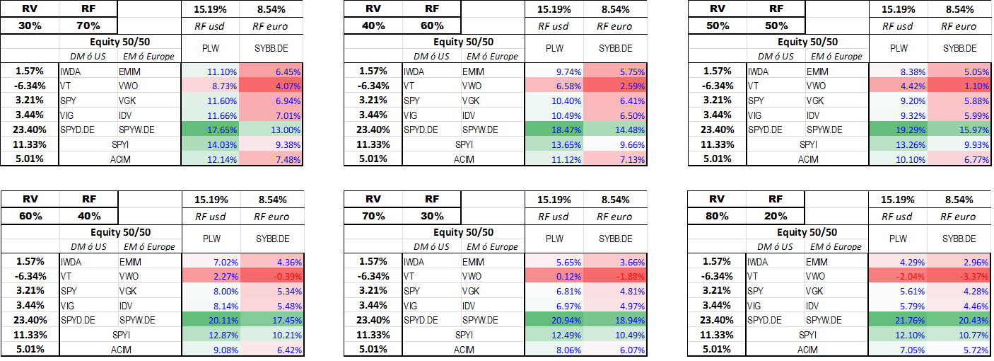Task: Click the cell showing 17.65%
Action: pos(211,130)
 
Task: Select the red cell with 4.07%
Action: pos(271,86)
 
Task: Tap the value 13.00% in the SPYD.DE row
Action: pos(271,130)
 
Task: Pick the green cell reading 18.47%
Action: pos(554,130)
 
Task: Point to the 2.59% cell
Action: pos(615,86)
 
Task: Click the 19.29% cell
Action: pos(898,130)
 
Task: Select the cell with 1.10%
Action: pos(959,86)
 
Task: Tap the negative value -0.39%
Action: pos(272,276)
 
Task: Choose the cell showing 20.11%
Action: pos(211,320)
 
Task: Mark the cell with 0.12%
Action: pos(554,276)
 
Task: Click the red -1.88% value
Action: pos(615,276)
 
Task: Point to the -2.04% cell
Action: pos(898,276)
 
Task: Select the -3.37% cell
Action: pos(959,276)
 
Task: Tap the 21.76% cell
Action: pos(898,320)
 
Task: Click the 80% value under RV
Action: pos(717,216)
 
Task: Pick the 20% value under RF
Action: pos(776,216)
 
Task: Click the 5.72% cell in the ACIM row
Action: pos(959,350)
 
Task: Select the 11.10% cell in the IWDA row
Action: pos(211,71)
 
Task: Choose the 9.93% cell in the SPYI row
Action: pos(959,144)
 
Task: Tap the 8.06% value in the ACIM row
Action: pos(554,350)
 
